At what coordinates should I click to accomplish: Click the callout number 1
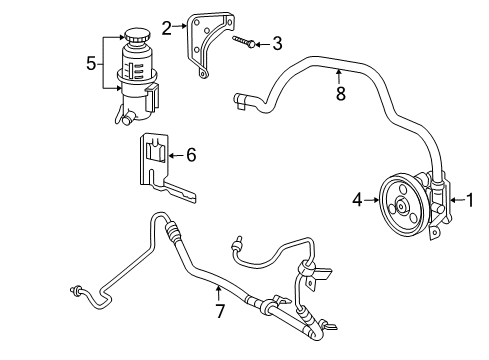(468, 200)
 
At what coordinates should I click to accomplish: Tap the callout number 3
(277, 43)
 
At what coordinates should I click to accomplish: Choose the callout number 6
(192, 155)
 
